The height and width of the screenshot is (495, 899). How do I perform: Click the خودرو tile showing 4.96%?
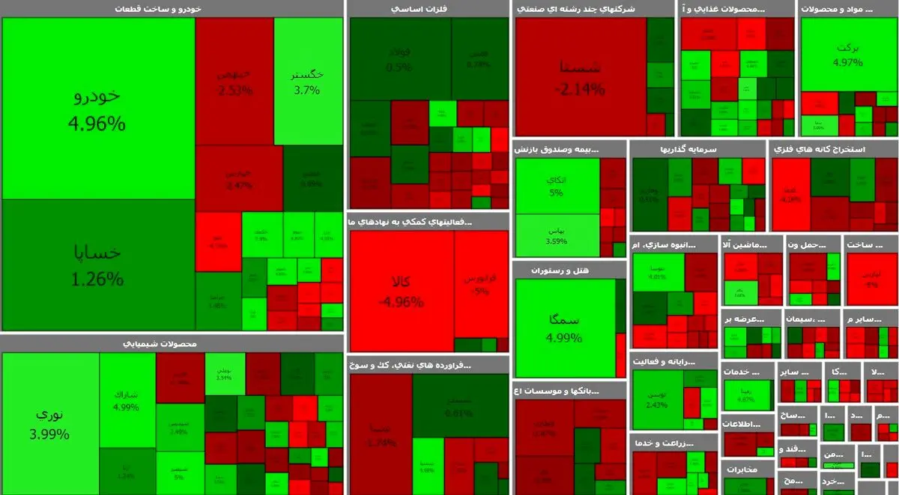click(97, 109)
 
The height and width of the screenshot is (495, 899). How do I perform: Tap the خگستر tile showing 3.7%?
click(307, 81)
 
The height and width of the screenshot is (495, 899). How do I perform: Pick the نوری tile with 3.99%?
click(51, 423)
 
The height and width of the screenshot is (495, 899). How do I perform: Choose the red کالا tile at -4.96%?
click(401, 291)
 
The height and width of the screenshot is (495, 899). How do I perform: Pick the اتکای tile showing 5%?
click(557, 186)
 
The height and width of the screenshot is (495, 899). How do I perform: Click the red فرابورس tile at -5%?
click(481, 283)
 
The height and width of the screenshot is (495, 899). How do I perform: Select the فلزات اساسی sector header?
click(429, 9)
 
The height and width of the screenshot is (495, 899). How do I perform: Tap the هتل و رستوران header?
click(569, 270)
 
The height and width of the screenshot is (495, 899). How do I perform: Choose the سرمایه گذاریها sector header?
click(697, 149)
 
